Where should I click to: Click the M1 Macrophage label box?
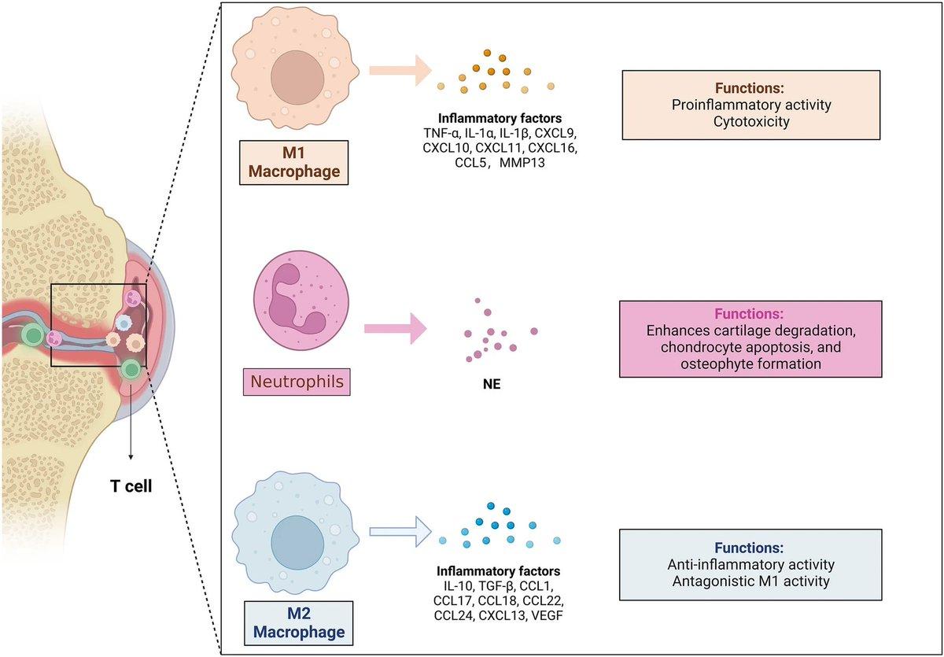tap(283, 162)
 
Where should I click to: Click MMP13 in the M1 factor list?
tap(539, 162)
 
